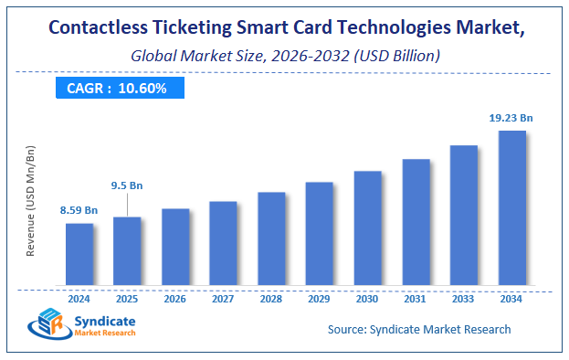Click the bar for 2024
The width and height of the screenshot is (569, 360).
point(79,253)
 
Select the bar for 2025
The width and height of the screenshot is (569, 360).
point(127,249)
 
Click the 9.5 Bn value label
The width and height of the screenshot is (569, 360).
point(127,185)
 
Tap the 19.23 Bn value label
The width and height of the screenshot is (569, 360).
point(511,117)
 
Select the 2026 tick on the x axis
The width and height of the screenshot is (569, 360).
point(175,297)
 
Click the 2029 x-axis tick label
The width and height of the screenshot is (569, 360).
point(319,297)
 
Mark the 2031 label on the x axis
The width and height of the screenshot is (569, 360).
point(416,297)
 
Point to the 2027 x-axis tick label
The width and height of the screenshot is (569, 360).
point(223,297)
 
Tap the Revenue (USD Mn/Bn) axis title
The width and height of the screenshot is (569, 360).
point(31,202)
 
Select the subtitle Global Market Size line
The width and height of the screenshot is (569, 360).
point(283,56)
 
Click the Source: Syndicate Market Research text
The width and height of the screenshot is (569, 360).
point(418,329)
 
